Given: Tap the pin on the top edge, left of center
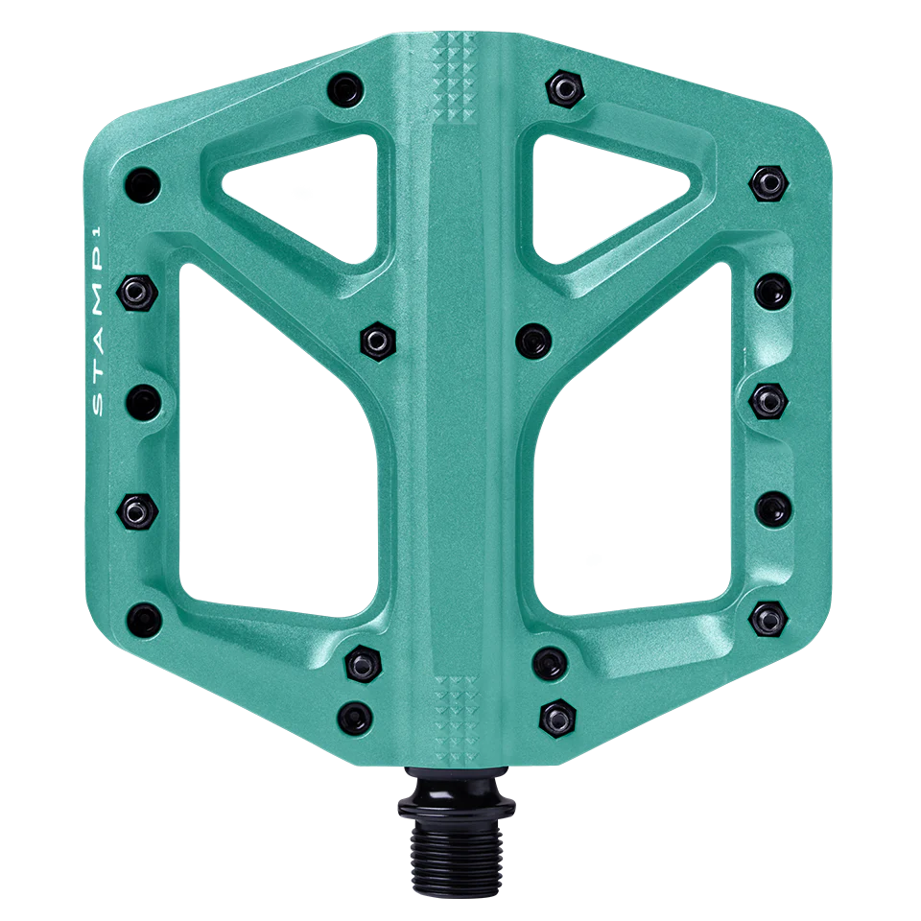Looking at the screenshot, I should (x=344, y=90).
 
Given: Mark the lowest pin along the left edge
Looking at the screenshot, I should (x=143, y=615).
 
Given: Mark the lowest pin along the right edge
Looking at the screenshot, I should (x=767, y=614).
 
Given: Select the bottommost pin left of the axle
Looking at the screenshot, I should (x=356, y=714).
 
